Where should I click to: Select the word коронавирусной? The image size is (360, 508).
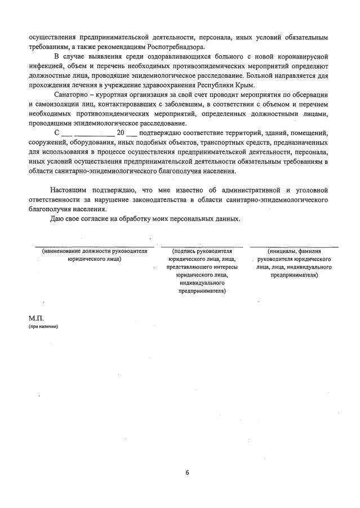click(300, 57)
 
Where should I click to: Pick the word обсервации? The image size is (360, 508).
click(309, 95)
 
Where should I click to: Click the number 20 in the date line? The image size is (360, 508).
click(120, 133)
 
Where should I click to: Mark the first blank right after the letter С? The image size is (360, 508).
click(66, 134)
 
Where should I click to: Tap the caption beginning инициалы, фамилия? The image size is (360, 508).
click(294, 251)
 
